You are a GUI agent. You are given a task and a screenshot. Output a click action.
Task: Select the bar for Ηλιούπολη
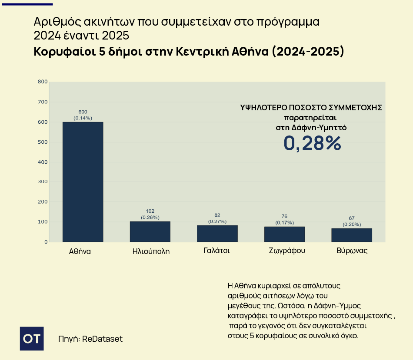[x=150, y=231]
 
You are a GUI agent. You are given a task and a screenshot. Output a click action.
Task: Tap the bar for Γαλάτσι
[x=217, y=233]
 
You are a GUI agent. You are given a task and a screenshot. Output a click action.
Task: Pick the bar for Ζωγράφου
[x=284, y=234]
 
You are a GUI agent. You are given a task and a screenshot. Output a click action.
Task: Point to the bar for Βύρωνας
[x=352, y=235]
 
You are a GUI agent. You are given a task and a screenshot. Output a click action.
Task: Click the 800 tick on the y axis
[x=43, y=82]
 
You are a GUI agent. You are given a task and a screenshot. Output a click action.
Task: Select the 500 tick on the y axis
[x=43, y=142]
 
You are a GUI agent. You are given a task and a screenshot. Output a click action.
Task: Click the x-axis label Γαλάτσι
[x=216, y=251]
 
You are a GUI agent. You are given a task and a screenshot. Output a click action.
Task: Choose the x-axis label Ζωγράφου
[x=284, y=251]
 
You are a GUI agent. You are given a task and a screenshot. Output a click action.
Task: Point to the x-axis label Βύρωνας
[x=352, y=251]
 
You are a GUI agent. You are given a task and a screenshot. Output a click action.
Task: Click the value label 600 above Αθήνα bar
[x=83, y=112]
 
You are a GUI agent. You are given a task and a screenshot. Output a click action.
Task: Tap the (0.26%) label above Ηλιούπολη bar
[x=150, y=217]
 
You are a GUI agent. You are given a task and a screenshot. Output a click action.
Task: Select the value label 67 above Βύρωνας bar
[x=352, y=218]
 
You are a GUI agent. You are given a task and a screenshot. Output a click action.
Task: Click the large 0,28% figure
[x=312, y=143]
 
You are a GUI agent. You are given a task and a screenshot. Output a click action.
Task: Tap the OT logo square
[x=32, y=338]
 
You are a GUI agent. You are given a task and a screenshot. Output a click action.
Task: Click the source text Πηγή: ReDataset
[x=90, y=339]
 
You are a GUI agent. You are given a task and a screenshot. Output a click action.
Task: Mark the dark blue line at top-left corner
[x=26, y=4]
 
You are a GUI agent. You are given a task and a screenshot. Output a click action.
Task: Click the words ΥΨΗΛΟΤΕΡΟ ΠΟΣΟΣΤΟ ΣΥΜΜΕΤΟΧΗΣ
[x=311, y=108]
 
